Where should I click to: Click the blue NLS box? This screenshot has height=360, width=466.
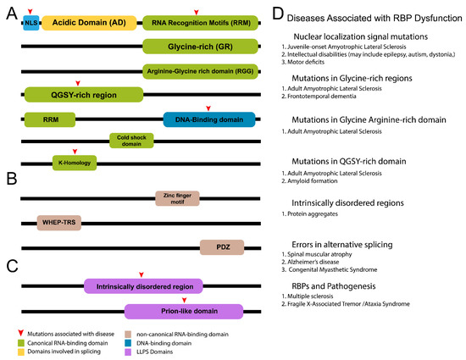point(31,22)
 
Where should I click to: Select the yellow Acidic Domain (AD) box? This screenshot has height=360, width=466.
point(88,22)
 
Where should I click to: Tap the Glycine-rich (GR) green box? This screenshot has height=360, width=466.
point(200,47)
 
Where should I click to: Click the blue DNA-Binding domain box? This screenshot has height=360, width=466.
point(208,119)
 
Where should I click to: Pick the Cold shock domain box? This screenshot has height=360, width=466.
point(131,140)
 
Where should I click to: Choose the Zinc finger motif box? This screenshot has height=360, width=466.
point(176,199)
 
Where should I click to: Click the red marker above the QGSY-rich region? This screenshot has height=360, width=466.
point(77,82)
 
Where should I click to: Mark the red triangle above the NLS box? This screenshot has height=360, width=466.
point(31,8)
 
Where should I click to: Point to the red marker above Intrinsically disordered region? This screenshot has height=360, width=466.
point(141,274)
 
